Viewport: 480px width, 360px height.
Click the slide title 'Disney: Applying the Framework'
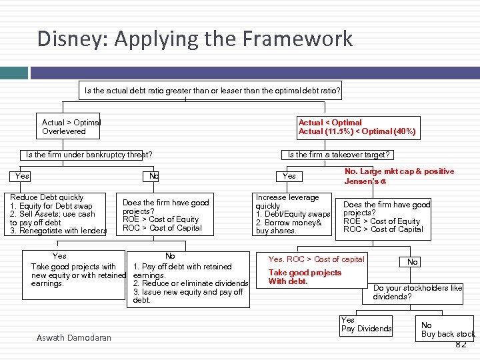[195, 39]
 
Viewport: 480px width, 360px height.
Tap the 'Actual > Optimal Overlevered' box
[71, 127]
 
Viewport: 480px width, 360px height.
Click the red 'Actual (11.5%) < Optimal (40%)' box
[358, 127]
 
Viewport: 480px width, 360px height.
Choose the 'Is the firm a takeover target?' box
[338, 155]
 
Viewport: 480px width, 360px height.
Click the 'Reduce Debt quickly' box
[59, 214]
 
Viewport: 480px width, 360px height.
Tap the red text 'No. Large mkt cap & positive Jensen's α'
[399, 176]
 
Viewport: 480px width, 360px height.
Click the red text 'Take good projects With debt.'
[305, 277]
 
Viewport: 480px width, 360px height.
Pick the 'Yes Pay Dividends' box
[366, 325]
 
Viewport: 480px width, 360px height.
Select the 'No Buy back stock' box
[447, 329]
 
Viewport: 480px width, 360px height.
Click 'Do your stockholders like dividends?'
[417, 292]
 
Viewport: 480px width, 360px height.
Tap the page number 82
[460, 344]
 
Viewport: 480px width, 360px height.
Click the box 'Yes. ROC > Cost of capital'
[316, 259]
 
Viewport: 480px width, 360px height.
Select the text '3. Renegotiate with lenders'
[59, 231]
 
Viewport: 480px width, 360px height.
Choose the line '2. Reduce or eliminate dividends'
[191, 283]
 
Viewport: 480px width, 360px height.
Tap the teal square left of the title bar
[12, 72]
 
